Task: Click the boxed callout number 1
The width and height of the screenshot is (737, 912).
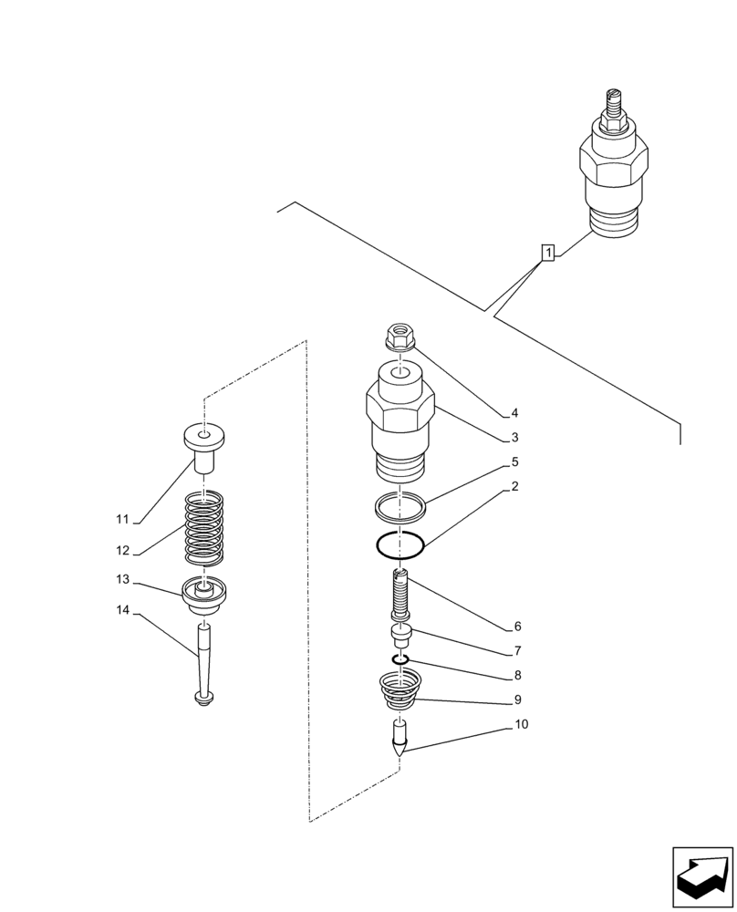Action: pyautogui.click(x=547, y=253)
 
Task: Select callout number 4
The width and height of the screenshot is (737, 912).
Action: pyautogui.click(x=515, y=412)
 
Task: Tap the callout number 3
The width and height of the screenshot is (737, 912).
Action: pyautogui.click(x=515, y=438)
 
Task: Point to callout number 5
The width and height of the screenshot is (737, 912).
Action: pyautogui.click(x=515, y=462)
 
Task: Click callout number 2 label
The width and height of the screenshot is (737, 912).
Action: pyautogui.click(x=515, y=487)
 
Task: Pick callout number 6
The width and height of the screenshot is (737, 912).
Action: pyautogui.click(x=517, y=627)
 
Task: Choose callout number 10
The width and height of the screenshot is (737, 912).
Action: pyautogui.click(x=520, y=725)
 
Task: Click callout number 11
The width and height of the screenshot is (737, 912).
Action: pyautogui.click(x=122, y=520)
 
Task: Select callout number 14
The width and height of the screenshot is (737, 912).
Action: pyautogui.click(x=122, y=610)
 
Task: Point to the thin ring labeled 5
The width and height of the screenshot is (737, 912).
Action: pyautogui.click(x=400, y=503)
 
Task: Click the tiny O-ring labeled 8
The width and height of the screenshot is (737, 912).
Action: pyautogui.click(x=400, y=660)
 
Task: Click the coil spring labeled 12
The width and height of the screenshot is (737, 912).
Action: pyautogui.click(x=204, y=530)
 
